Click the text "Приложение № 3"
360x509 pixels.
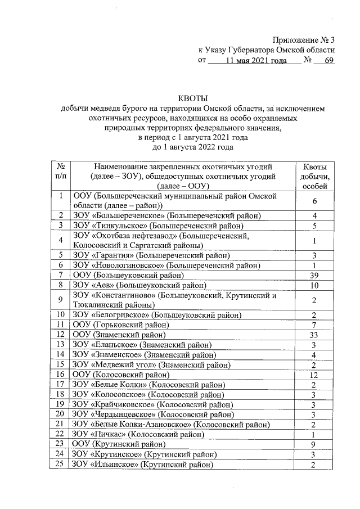coord(303,39)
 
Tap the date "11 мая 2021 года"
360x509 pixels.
coord(255,60)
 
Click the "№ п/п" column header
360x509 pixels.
coord(60,171)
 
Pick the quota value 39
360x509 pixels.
coord(315,275)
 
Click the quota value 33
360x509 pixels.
coord(315,335)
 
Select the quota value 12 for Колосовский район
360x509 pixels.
coord(315,375)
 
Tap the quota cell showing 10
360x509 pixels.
coord(315,285)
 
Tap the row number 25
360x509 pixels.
coord(60,465)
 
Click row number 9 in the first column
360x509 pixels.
coord(60,300)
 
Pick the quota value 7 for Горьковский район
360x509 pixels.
coord(315,325)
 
